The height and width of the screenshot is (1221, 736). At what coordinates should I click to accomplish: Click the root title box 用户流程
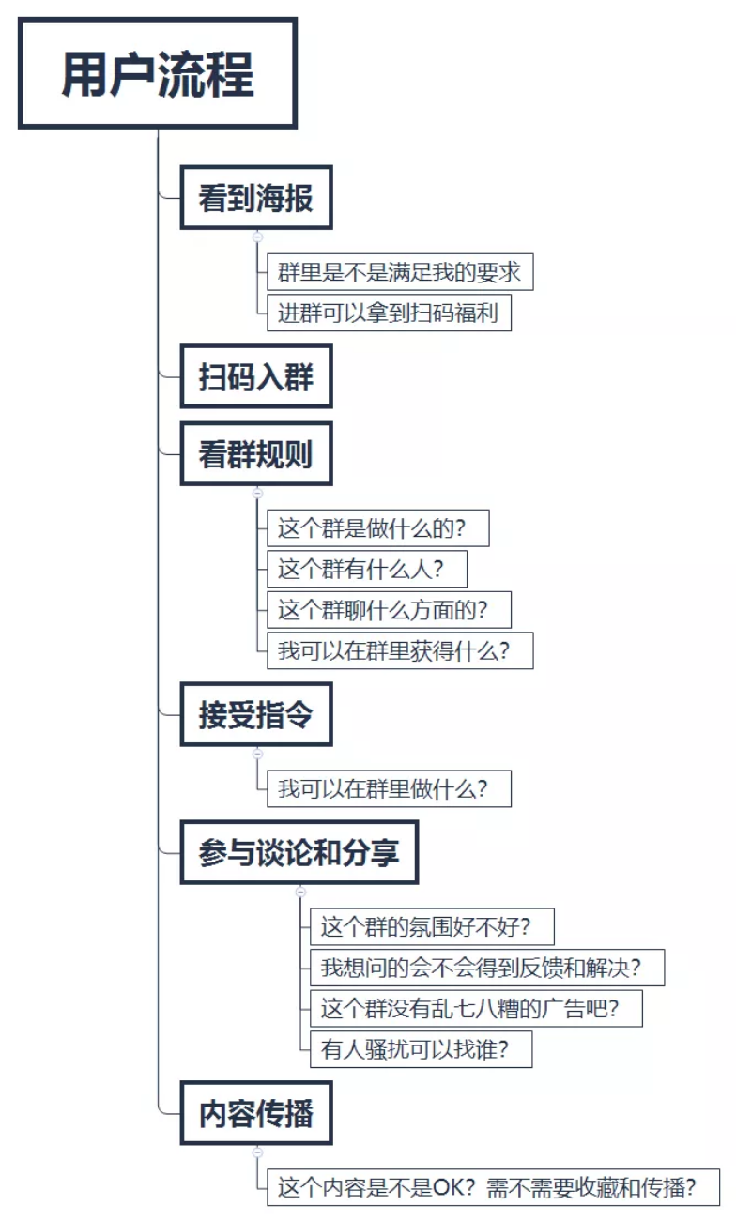(158, 73)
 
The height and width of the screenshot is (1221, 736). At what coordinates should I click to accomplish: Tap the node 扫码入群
(256, 377)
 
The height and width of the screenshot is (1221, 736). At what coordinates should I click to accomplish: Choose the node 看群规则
(256, 455)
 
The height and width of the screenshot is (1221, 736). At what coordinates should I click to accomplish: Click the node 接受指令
(256, 715)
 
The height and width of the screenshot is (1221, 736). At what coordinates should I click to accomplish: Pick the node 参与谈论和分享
(299, 852)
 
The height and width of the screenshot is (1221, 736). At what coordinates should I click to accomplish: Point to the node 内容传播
(256, 1114)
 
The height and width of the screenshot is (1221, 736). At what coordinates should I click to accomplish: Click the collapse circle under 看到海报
(257, 237)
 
